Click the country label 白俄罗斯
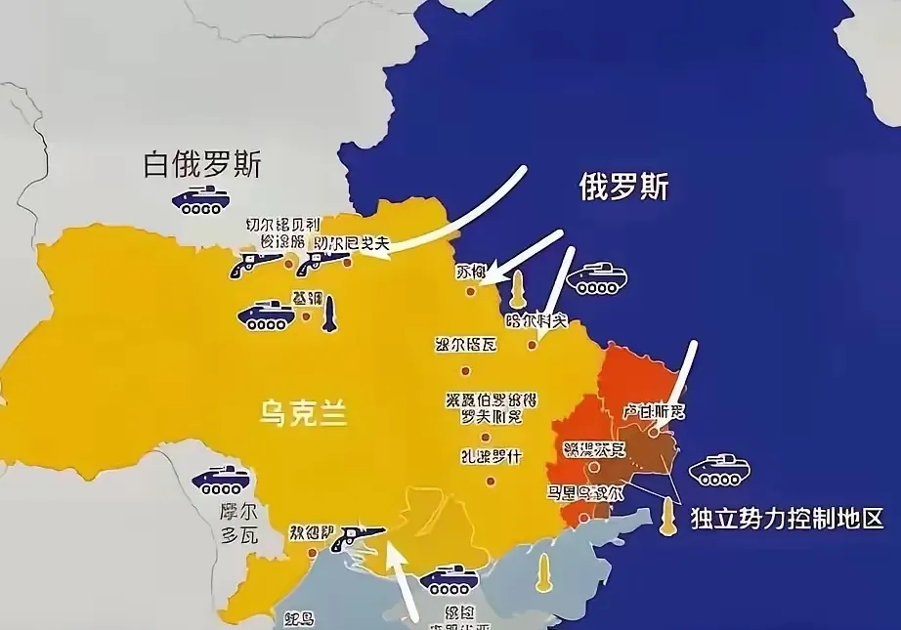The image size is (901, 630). click(x=202, y=163)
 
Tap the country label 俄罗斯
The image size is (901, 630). click(x=623, y=185)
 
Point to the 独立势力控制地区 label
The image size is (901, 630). click(x=787, y=517)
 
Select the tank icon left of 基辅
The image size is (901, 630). click(x=265, y=315)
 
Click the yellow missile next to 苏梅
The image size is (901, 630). click(x=517, y=287)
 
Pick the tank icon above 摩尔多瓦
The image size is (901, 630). click(x=221, y=479)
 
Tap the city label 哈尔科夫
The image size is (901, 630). click(x=536, y=319)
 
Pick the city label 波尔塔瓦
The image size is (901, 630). click(x=465, y=345)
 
